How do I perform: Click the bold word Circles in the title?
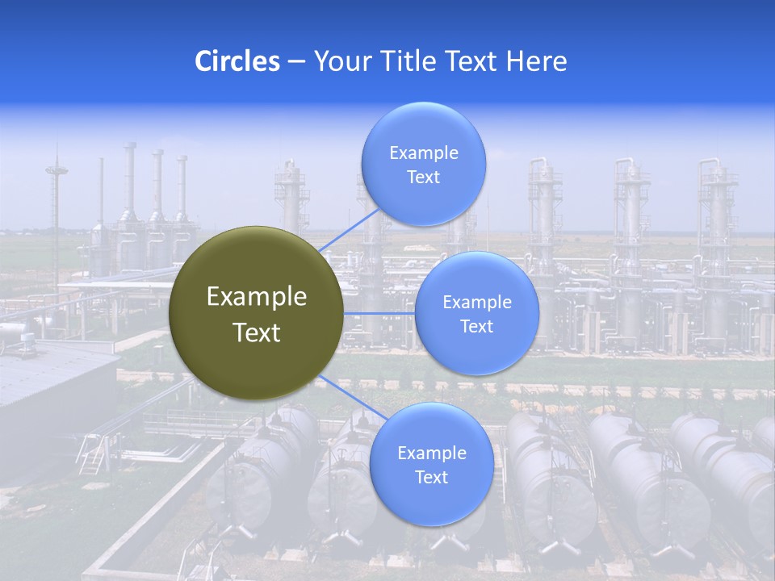point(237,61)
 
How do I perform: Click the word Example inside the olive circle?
point(257,297)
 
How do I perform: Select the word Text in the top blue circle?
point(423,178)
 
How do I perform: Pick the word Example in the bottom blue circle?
point(431,454)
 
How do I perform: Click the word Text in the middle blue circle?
point(476,327)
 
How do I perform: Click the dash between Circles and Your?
point(296,61)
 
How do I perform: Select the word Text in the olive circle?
point(257,332)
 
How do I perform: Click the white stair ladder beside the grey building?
point(92,456)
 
